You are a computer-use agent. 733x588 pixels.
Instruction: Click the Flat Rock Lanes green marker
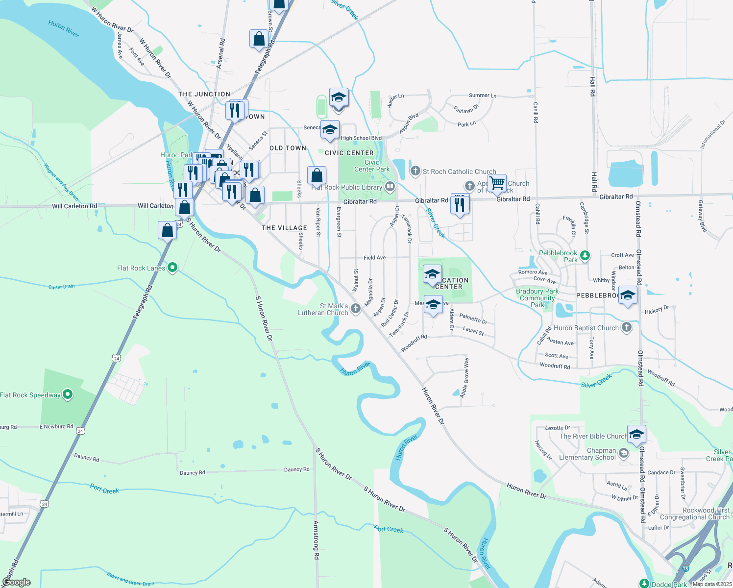tap(172, 268)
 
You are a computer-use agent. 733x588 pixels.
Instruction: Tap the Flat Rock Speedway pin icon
tap(68, 394)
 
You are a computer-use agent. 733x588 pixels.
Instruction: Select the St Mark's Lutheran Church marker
tap(356, 308)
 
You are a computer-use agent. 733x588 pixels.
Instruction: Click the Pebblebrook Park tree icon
tap(585, 255)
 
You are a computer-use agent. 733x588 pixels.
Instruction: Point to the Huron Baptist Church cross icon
tap(627, 327)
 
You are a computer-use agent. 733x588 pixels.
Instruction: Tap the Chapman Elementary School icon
tap(624, 453)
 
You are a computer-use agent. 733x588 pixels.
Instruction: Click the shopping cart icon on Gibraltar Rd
tap(497, 184)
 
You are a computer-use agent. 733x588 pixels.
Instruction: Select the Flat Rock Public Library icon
tap(390, 186)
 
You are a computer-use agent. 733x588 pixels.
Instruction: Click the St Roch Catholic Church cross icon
tap(415, 171)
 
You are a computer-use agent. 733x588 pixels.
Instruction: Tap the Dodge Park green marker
tap(644, 583)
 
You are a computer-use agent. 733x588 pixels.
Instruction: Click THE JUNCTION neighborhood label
tap(204, 94)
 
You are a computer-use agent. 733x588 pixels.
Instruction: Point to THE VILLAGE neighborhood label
tap(284, 228)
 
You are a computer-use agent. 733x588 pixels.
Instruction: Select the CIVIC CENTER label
tap(349, 153)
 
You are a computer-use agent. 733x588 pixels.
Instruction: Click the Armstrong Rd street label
tap(317, 540)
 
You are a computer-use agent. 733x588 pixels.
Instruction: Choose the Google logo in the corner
tap(17, 582)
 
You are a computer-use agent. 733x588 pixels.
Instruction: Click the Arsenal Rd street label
tap(222, 53)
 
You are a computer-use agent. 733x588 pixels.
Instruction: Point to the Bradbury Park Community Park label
tap(538, 298)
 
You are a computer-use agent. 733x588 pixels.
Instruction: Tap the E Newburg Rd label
tap(56, 427)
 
